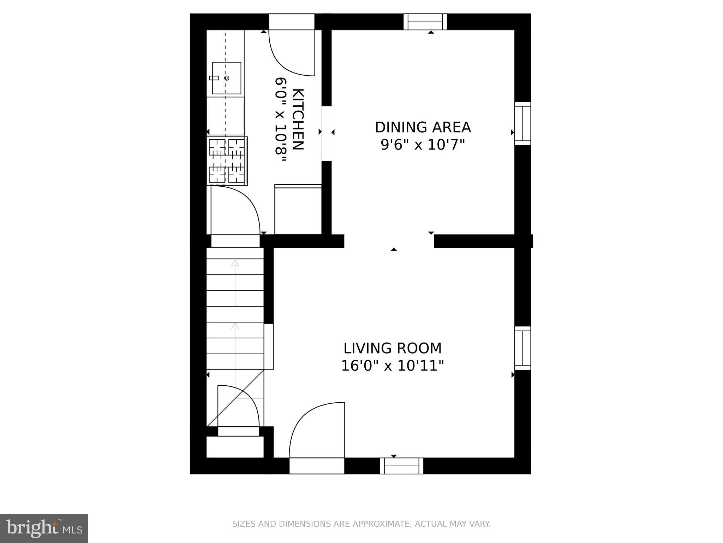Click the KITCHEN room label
point(299,119)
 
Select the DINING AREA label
point(423,127)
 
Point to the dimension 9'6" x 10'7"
point(423,145)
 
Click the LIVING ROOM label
point(393,348)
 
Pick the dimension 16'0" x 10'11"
point(392,366)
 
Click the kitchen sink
point(226,78)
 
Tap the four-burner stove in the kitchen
point(227,161)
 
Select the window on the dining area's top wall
point(425,22)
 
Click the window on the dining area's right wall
point(522,123)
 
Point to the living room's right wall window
point(522,348)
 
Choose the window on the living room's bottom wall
point(401,466)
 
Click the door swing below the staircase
point(238,407)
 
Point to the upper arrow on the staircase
point(235,263)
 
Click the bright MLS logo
point(44,528)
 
